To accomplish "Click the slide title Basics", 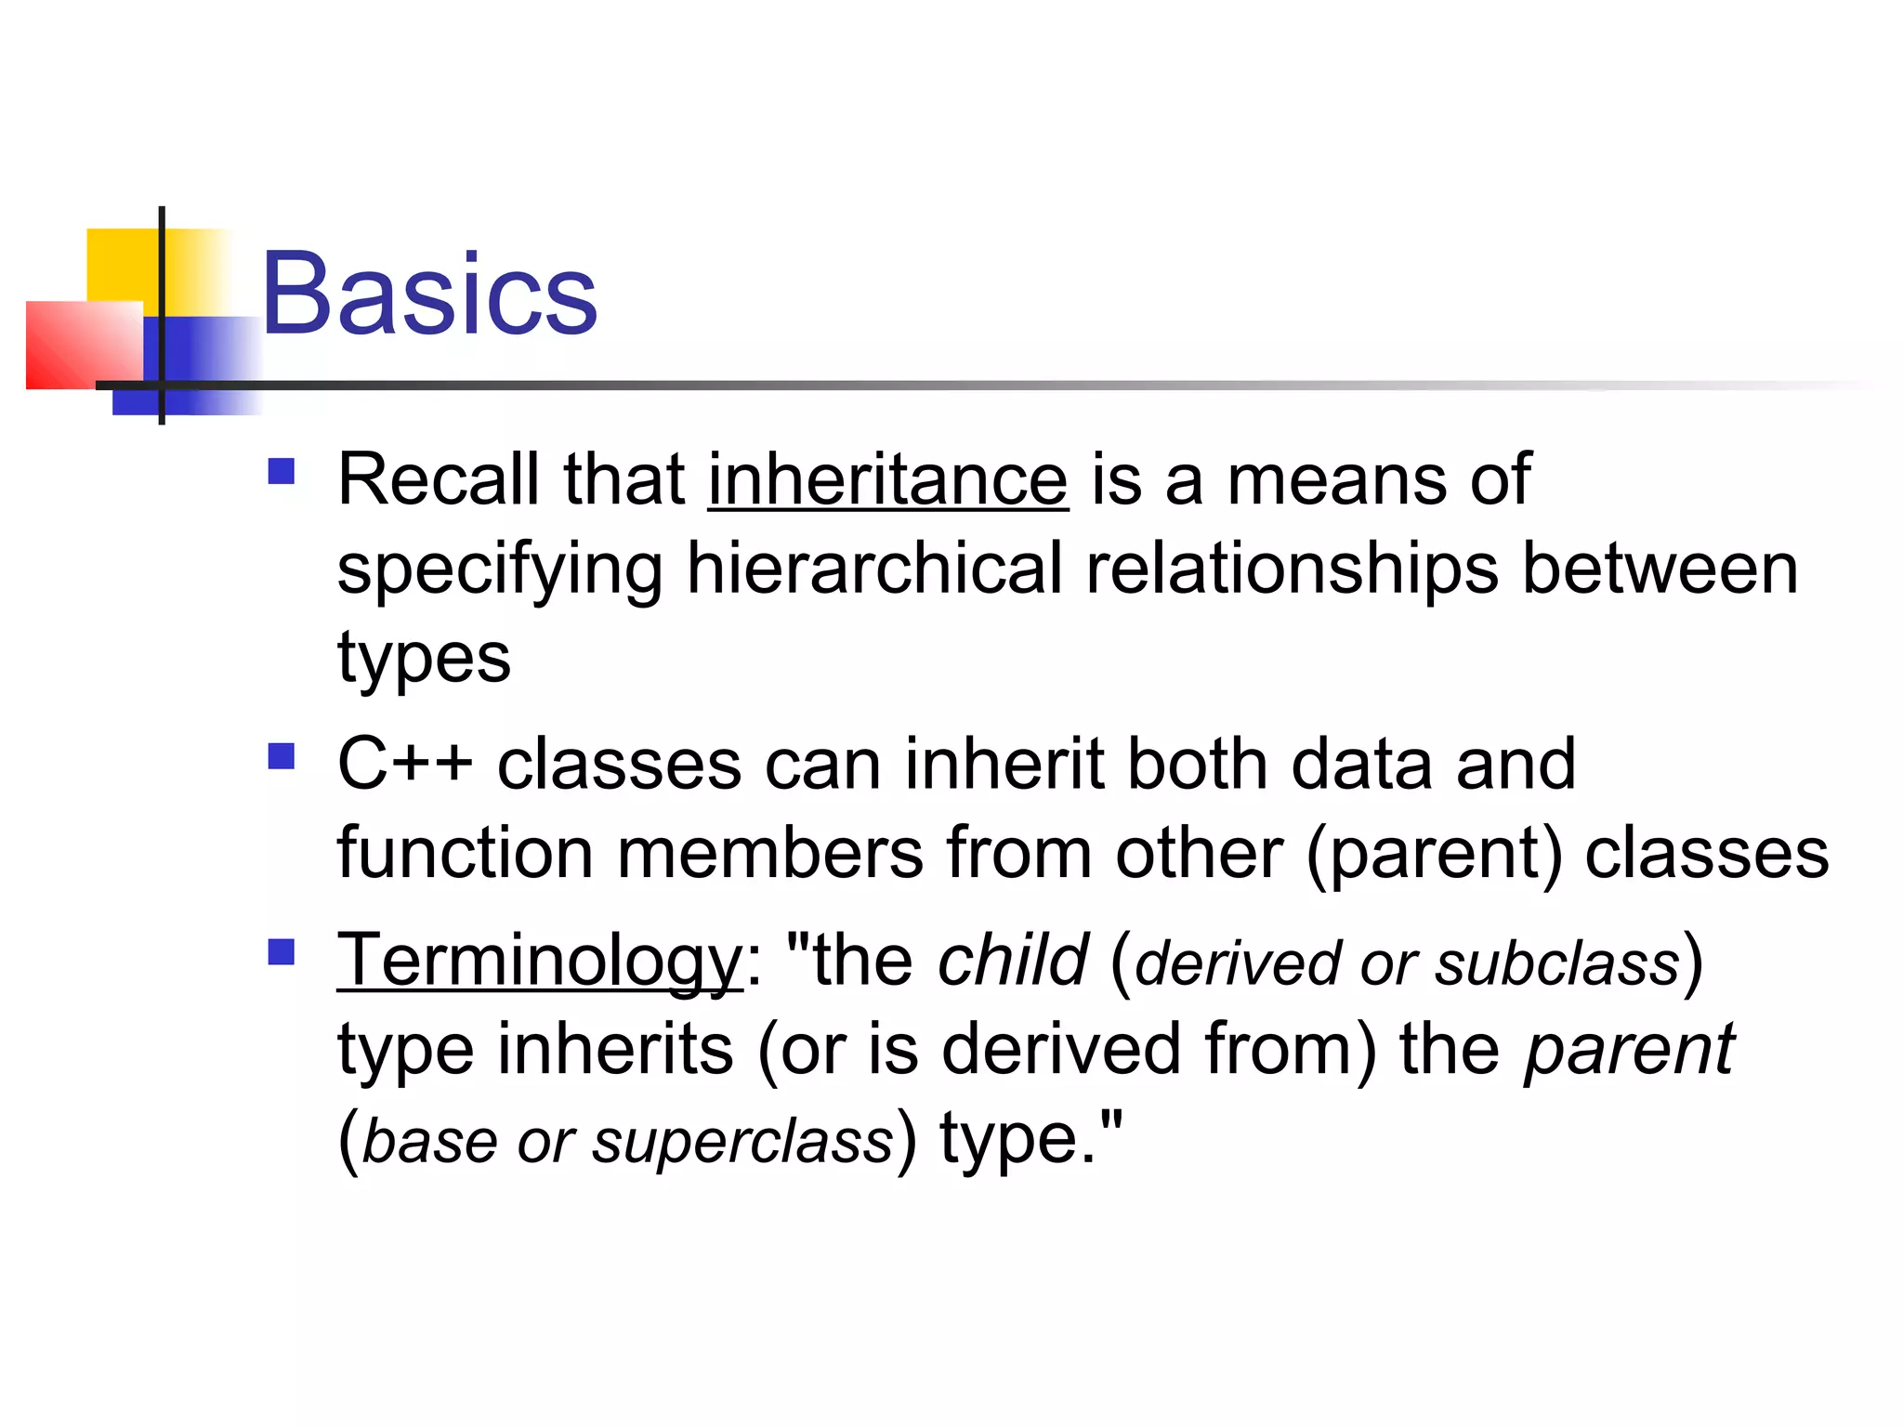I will coord(429,295).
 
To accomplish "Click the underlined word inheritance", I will coord(887,479).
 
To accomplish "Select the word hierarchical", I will coord(873,569).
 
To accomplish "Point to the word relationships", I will coord(1292,569).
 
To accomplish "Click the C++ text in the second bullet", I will coord(404,764).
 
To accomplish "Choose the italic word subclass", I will coord(1557,963).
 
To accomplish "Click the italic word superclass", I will coord(742,1142).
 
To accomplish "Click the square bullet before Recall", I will coord(281,472).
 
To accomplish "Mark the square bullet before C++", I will coord(281,756).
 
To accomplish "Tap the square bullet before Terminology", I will coord(281,952).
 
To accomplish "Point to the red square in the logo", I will coord(79,346).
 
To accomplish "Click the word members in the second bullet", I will coord(770,853).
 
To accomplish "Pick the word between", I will coord(1660,569).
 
